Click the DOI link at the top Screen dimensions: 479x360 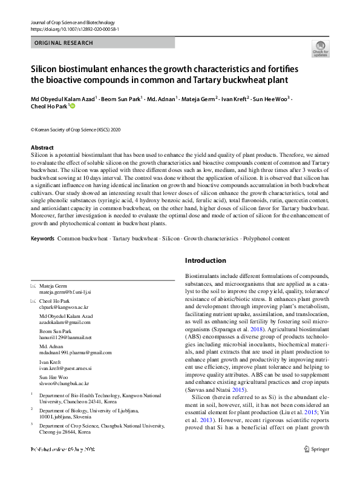point(74,28)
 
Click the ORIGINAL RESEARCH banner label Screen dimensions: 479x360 point(64,43)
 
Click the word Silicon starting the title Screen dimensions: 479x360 point(47,70)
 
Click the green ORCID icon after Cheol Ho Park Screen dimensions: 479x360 point(73,106)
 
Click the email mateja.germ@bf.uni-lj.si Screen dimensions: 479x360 point(65,291)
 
